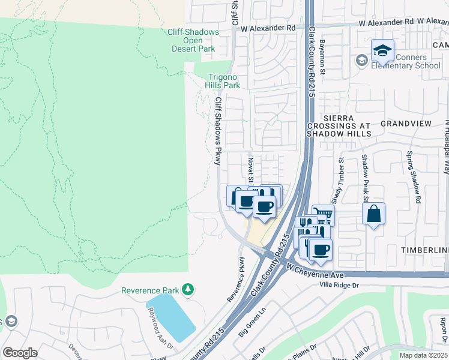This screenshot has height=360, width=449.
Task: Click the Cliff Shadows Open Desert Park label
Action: coord(190,40)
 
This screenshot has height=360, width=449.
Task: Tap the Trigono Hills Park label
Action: coord(224,81)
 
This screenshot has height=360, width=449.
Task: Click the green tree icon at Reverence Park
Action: coord(188,290)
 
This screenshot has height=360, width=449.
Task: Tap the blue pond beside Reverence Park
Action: coord(171,317)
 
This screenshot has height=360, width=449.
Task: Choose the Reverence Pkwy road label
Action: coord(235,279)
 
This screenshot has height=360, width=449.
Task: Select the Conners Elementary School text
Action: coord(411,61)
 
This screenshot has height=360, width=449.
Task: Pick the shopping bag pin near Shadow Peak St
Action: coord(373,214)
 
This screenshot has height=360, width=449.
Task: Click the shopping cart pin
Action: coord(324,214)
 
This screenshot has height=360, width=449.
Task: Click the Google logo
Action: coord(20,352)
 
